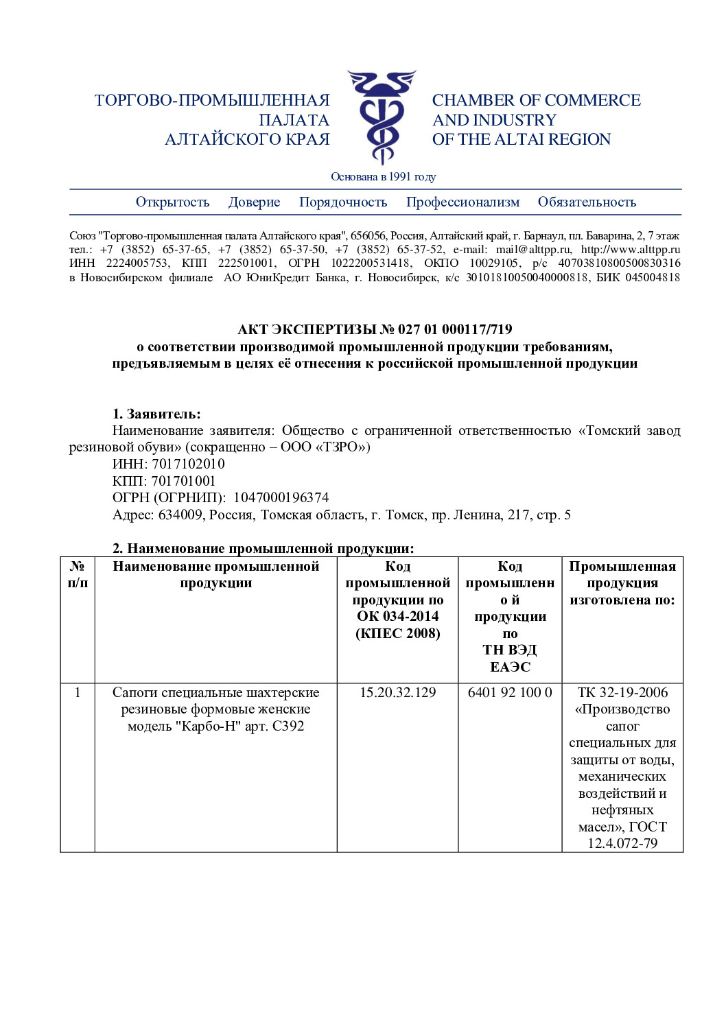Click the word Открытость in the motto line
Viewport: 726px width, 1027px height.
pos(172,202)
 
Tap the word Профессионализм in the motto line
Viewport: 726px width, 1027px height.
pos(462,202)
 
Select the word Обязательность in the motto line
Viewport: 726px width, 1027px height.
pos(587,202)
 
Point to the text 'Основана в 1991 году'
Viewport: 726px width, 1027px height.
pos(383,177)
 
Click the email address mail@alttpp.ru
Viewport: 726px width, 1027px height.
pos(533,250)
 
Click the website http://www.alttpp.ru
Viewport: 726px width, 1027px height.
pos(630,250)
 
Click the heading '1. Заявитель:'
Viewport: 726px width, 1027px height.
pos(156,414)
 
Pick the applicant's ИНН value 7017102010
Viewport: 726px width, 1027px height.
pos(188,464)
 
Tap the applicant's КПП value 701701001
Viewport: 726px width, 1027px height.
pos(183,482)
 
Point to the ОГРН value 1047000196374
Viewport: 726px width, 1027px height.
pos(281,498)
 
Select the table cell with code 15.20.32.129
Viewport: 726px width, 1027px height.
pos(397,693)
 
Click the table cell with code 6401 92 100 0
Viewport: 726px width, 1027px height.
pos(510,693)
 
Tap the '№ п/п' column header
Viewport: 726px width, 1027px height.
pos(78,575)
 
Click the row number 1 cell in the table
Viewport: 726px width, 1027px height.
pos(78,693)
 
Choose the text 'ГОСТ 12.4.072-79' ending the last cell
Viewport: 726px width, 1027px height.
pos(623,836)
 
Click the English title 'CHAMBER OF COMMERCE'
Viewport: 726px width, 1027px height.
pos(536,101)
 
